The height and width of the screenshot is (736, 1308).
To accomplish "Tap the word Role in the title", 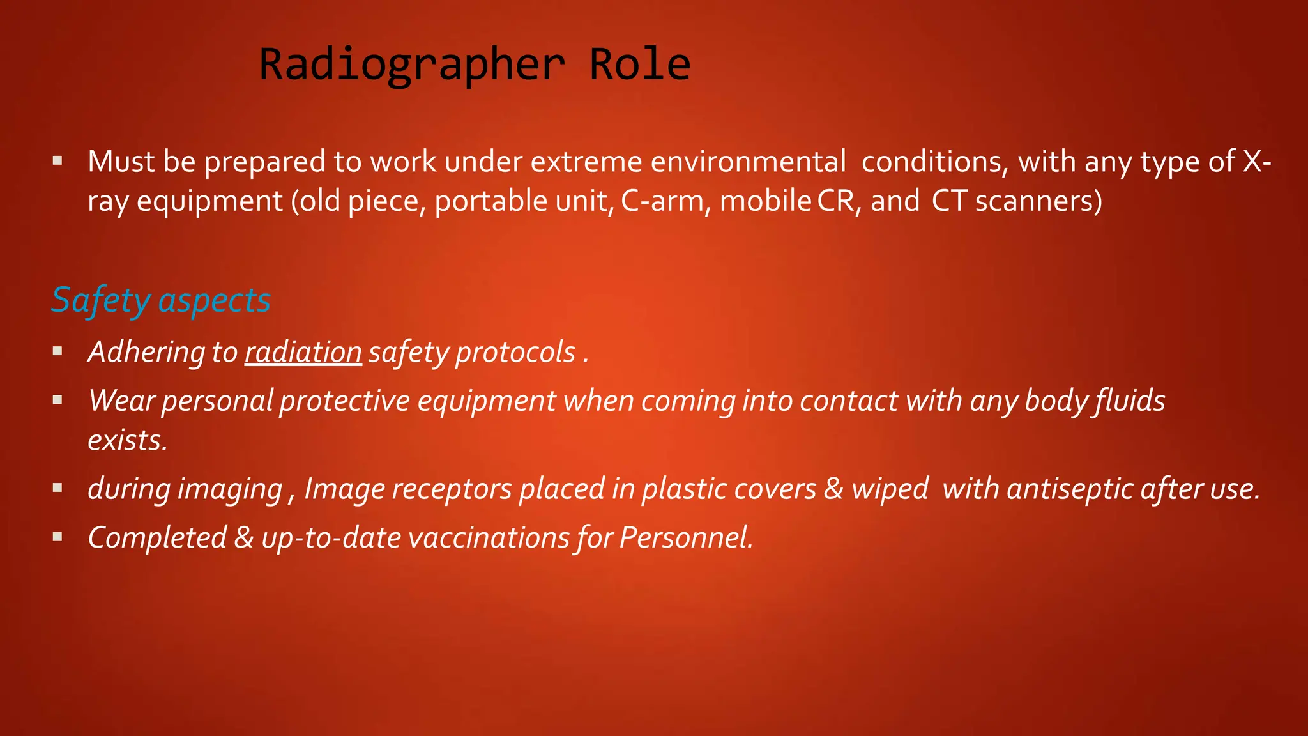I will click(639, 65).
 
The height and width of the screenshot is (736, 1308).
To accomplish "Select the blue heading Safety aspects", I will click(161, 300).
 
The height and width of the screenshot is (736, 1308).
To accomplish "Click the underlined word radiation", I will click(303, 353).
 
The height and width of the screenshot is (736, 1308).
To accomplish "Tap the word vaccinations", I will click(489, 538).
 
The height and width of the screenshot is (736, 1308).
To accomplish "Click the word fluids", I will click(1130, 401).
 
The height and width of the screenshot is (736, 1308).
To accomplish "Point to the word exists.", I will click(128, 441).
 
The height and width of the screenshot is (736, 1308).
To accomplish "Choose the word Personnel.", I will click(686, 538).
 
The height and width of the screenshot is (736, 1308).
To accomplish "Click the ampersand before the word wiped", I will click(833, 489).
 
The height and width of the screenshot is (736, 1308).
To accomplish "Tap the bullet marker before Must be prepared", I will click(58, 160).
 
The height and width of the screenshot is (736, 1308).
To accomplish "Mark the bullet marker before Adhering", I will click(58, 351).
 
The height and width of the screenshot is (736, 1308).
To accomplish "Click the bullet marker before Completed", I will click(58, 537).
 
